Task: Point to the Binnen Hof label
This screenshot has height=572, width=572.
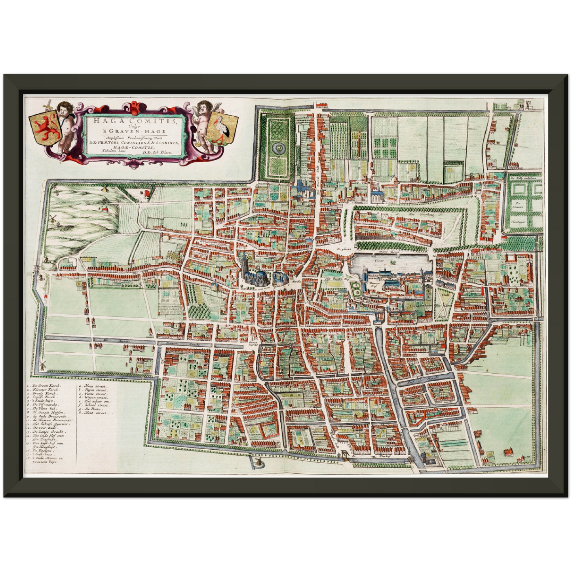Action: point(374,284)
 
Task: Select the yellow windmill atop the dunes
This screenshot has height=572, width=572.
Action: point(105,188)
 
